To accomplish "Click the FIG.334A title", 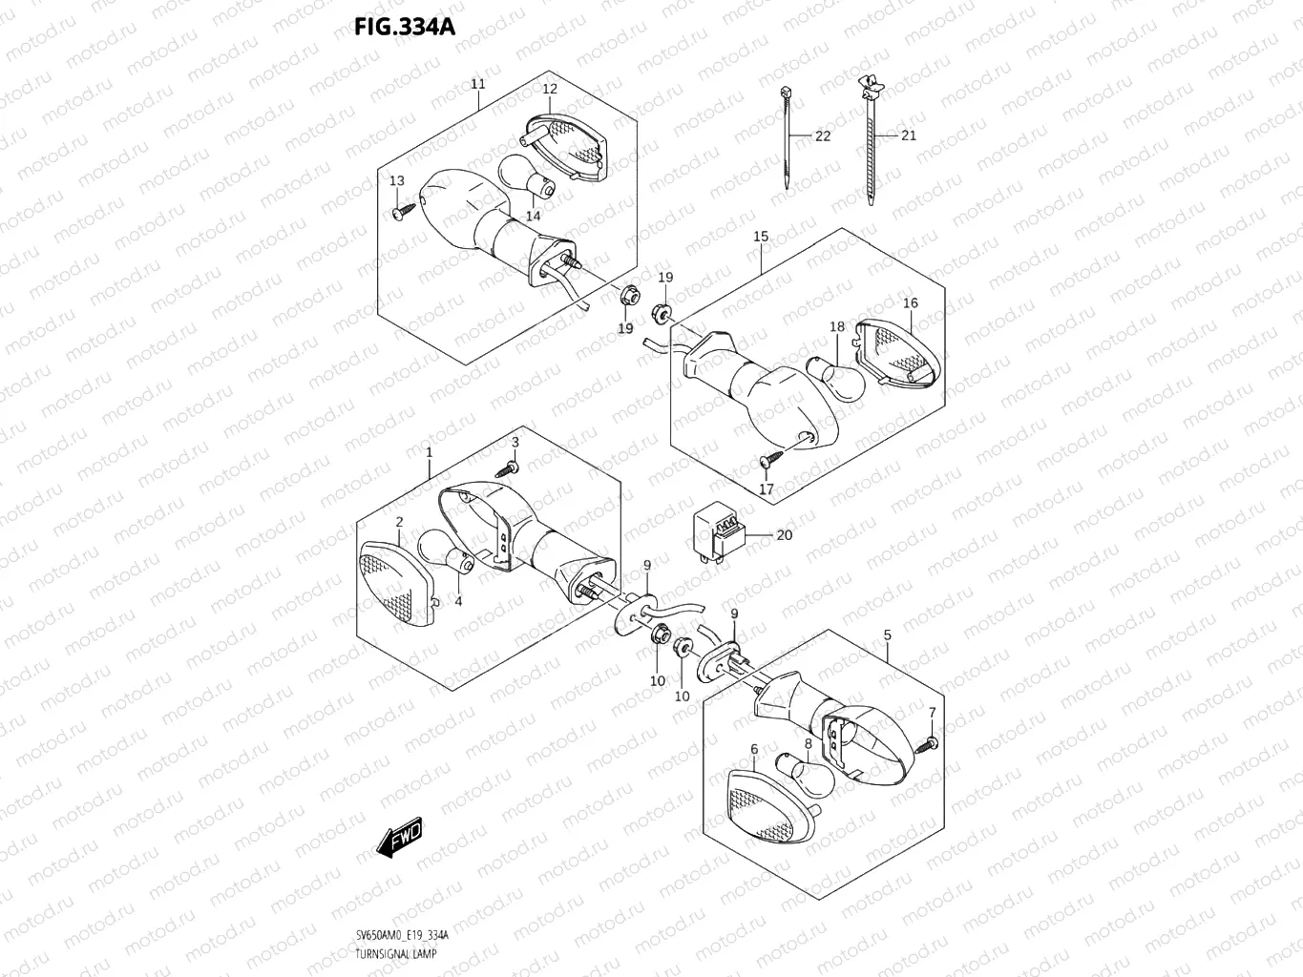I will [405, 27].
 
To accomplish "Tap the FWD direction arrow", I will [399, 836].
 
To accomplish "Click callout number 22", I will [822, 135].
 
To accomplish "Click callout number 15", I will [761, 236].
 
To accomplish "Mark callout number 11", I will [477, 84].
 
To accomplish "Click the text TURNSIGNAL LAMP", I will [386, 954].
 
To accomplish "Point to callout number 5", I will [888, 634].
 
